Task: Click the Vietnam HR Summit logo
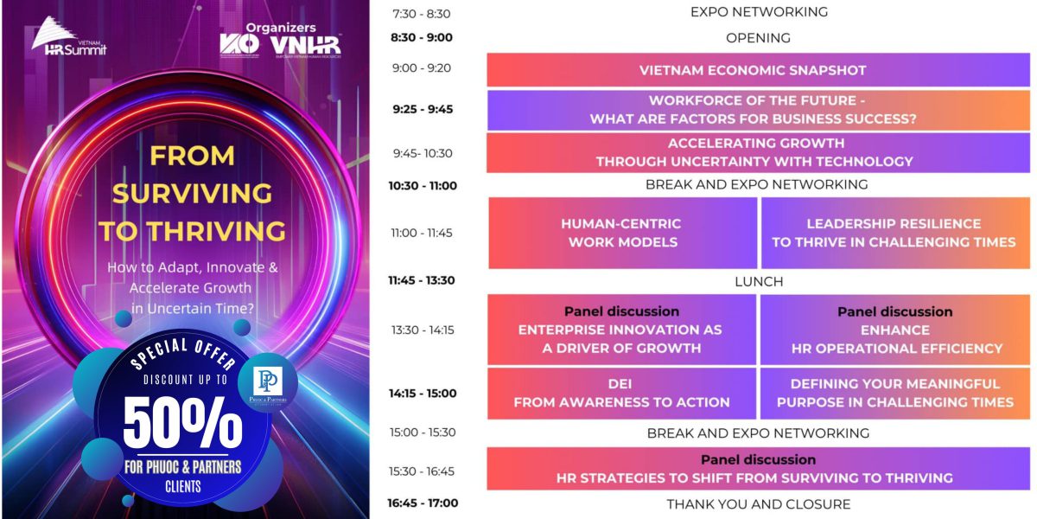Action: [x=68, y=36]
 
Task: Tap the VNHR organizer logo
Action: [x=306, y=46]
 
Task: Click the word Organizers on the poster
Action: [x=281, y=28]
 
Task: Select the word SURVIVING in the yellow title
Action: [x=192, y=194]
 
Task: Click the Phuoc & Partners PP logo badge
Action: [x=268, y=383]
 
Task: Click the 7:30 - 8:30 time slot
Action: [x=422, y=14]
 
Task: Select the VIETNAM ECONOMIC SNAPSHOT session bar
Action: [x=759, y=70]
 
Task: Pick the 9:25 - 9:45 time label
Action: [x=423, y=109]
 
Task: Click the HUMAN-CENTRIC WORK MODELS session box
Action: [x=623, y=233]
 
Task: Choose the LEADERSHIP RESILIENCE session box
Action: [x=896, y=233]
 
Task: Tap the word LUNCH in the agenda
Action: [x=759, y=282]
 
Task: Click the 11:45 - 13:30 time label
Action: [x=422, y=280]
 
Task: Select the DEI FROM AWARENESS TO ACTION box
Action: [x=621, y=394]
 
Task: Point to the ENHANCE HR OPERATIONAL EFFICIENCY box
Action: [x=895, y=330]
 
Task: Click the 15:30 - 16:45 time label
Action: [x=422, y=471]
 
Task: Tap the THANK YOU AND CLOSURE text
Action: [x=759, y=504]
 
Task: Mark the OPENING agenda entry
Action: [x=759, y=38]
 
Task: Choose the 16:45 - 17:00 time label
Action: [x=423, y=503]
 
